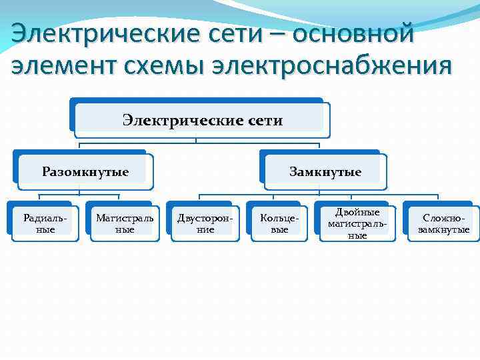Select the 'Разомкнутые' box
[85, 172]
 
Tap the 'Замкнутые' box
[325, 172]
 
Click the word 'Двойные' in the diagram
[358, 212]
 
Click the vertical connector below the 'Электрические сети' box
[196, 138]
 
